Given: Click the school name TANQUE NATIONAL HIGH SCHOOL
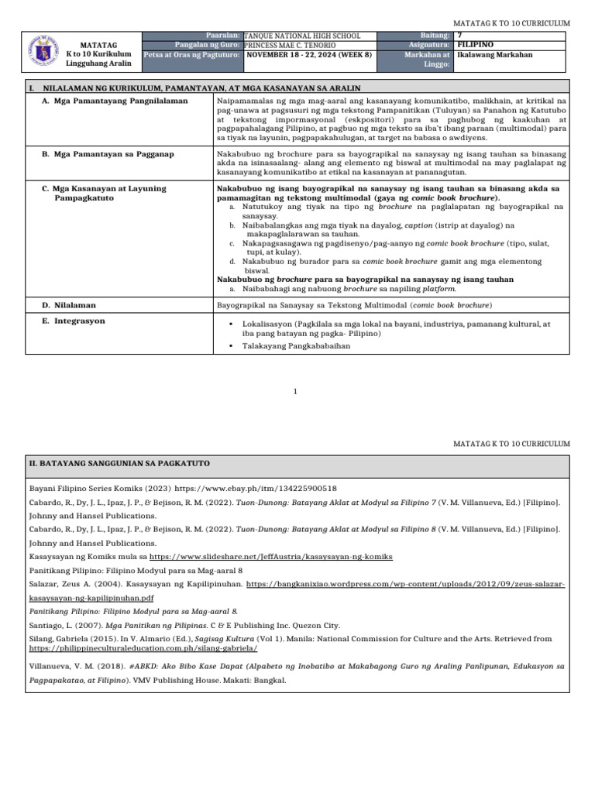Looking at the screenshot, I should click(301, 36).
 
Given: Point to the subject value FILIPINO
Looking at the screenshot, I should click(476, 46).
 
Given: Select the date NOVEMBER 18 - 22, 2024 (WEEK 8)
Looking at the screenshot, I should click(309, 56).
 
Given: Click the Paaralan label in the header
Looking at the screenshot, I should click(222, 36).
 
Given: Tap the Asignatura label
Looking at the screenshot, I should click(429, 46).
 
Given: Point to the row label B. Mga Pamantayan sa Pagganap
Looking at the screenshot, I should click(108, 154).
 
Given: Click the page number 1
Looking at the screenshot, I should click(296, 392).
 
